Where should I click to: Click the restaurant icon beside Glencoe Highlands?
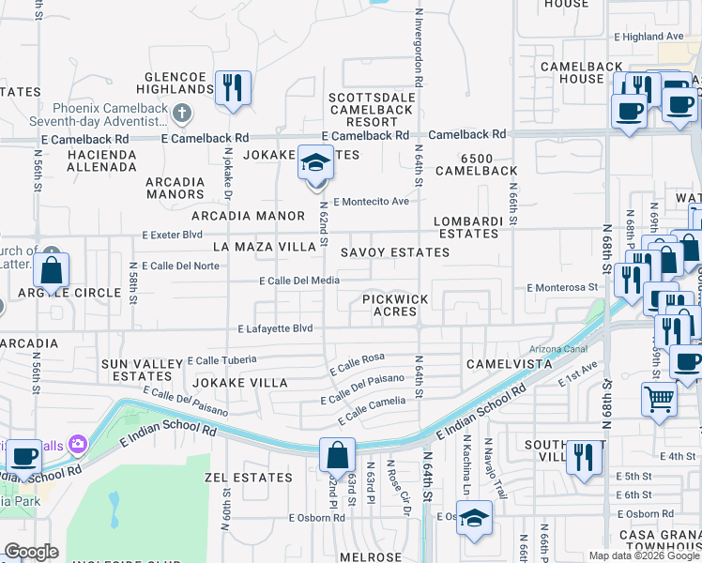coord(231,88)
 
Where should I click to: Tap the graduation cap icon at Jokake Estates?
coord(316,164)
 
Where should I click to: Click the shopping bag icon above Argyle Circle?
coord(53,269)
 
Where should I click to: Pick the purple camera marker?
coord(76,442)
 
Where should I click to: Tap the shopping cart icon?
coord(659,399)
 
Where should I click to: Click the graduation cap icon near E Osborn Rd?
coord(474,518)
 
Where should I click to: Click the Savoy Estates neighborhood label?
coord(394,252)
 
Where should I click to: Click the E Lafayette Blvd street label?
coord(274,329)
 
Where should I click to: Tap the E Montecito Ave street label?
coord(372,201)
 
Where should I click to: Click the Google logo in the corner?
coord(31,552)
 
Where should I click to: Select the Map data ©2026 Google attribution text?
coord(643,555)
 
